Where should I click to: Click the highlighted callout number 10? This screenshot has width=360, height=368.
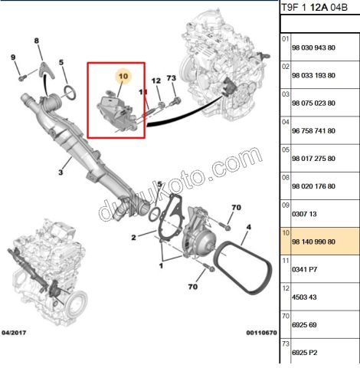coord(123,77)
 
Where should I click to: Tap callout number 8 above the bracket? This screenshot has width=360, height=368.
coord(36,40)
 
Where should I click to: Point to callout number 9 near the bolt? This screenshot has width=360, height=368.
coord(12,58)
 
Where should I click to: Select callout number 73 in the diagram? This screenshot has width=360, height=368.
coord(172,78)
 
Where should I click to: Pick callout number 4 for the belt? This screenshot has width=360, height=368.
coord(248,228)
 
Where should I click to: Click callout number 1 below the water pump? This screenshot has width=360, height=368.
coord(161,267)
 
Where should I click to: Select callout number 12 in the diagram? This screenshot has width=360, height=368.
coord(155,80)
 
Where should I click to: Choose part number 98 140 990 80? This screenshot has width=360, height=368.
coord(314,242)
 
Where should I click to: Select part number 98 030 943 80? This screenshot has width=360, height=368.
coord(314,48)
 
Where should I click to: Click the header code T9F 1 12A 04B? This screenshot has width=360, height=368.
coord(313,8)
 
